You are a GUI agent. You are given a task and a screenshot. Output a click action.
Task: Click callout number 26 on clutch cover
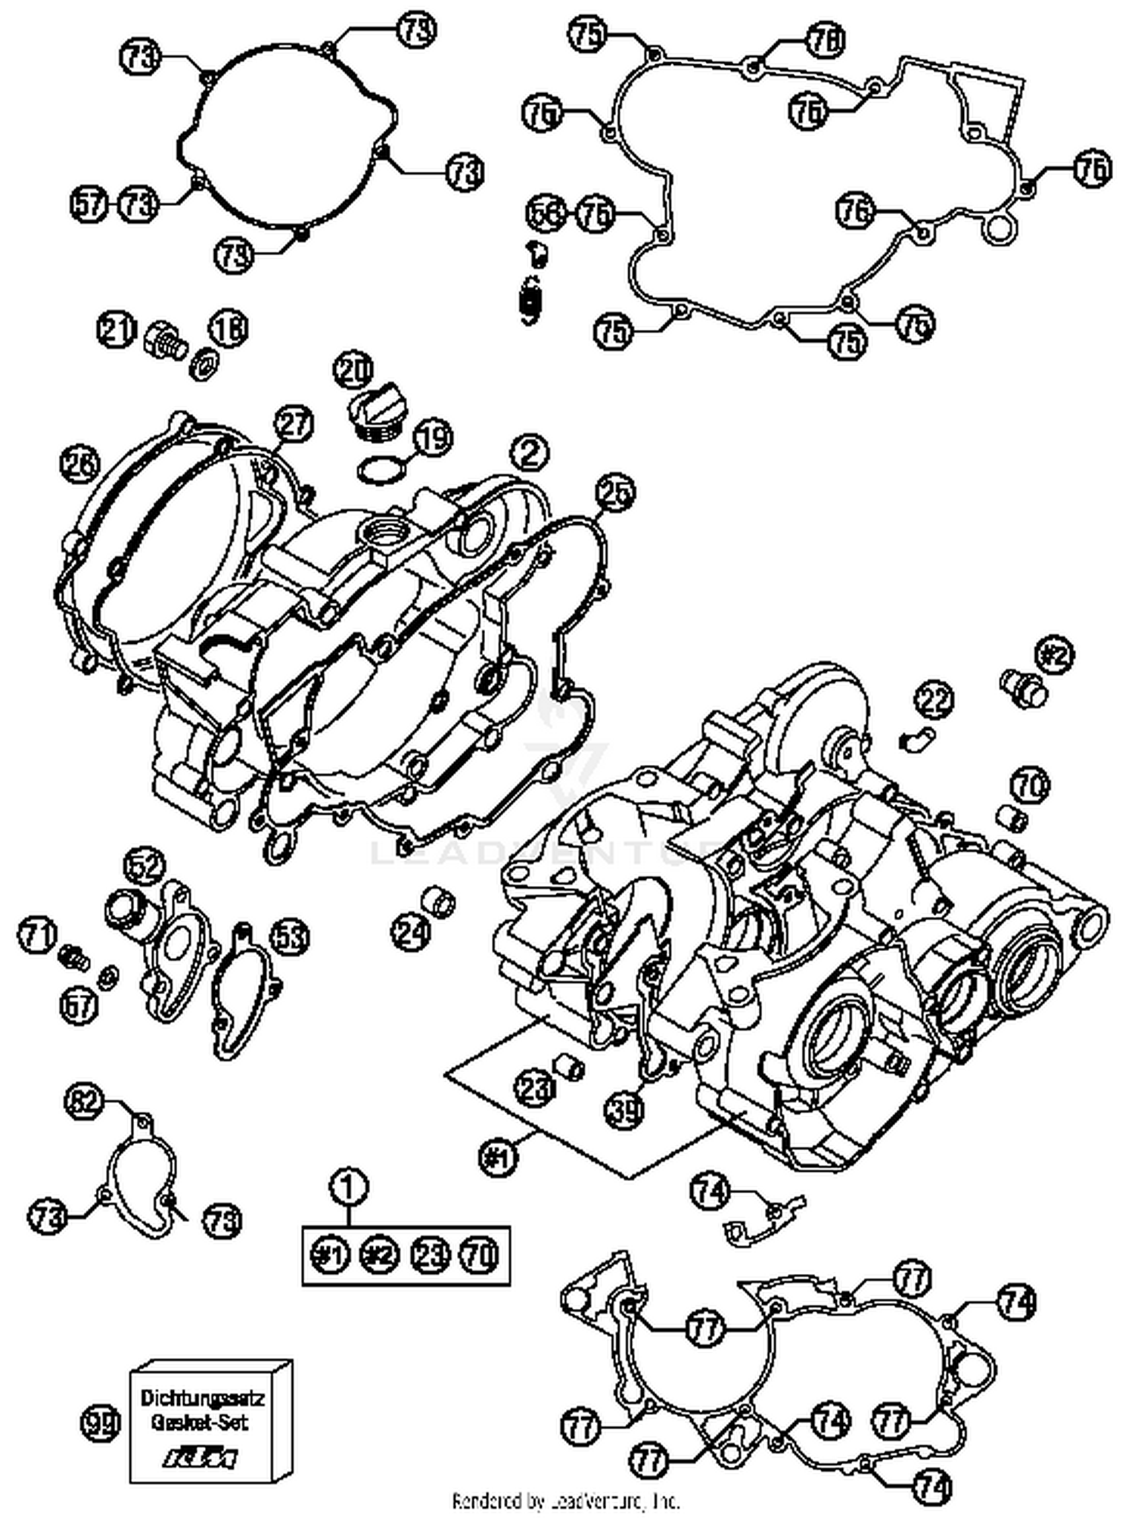pyautogui.click(x=81, y=463)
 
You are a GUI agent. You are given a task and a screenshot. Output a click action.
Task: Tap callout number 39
pyautogui.click(x=624, y=1110)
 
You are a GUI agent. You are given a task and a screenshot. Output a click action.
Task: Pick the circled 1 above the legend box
pyautogui.click(x=348, y=1186)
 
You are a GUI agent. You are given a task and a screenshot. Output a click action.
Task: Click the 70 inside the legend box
pyautogui.click(x=480, y=1255)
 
